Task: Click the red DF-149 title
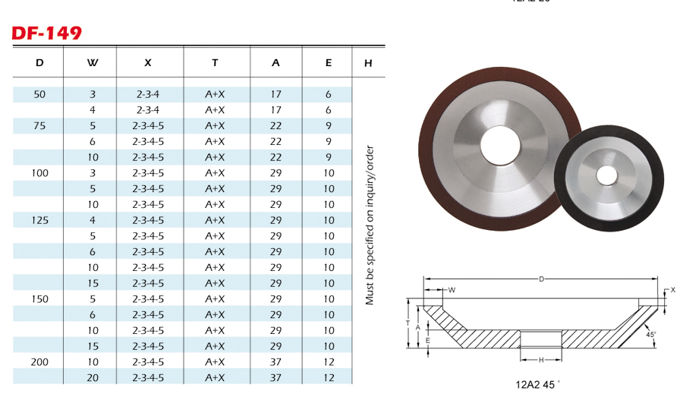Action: [x=46, y=33]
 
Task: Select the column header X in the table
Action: [x=148, y=63]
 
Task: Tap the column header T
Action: [x=215, y=63]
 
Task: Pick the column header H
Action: [x=368, y=63]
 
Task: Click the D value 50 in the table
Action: [x=39, y=94]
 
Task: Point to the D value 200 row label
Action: [x=39, y=361]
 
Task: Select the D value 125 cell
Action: [x=39, y=220]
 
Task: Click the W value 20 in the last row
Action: [x=93, y=377]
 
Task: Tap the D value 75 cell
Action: [x=39, y=125]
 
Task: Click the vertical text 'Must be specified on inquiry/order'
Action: [x=370, y=225]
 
